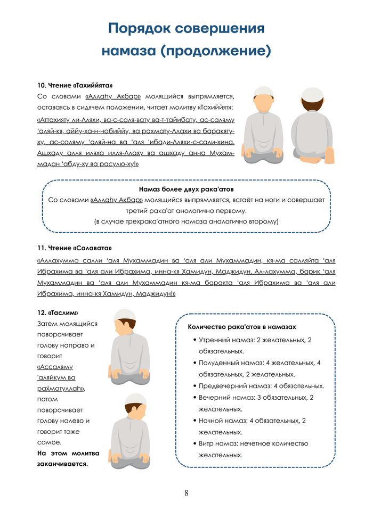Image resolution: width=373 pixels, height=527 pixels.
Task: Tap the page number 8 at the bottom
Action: click(186, 492)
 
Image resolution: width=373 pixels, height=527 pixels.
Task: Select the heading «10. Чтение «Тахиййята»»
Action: click(75, 85)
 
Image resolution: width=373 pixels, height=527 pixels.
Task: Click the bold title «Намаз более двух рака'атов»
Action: click(186, 189)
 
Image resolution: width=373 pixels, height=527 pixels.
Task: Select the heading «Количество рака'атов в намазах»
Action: click(242, 326)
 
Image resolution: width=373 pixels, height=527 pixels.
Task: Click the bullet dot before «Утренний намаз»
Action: click(194, 340)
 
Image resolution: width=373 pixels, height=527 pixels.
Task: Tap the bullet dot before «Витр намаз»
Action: click(194, 443)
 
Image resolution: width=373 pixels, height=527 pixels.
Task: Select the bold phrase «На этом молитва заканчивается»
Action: click(68, 458)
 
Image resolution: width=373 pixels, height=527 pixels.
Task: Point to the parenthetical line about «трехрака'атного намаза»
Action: click(186, 221)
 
